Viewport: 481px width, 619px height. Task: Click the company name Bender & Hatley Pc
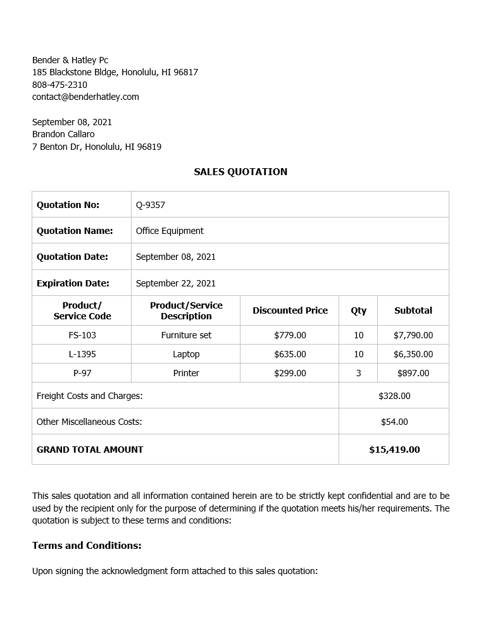tap(70, 60)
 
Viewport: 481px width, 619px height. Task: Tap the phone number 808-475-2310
tap(59, 85)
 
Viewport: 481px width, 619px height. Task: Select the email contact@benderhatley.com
tap(85, 97)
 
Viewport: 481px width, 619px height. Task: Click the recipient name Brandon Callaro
tap(63, 134)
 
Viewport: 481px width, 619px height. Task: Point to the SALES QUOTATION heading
tap(240, 172)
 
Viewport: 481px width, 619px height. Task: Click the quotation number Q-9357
tap(151, 205)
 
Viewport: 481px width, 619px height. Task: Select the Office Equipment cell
tap(170, 231)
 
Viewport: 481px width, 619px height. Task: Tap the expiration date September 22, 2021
tap(176, 283)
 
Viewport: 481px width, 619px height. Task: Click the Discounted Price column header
tap(290, 310)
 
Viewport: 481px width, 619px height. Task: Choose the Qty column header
tap(358, 310)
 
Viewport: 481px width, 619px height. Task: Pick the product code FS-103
tap(82, 335)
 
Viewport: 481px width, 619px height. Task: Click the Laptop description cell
tap(186, 354)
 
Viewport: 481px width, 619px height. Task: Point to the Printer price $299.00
tap(290, 373)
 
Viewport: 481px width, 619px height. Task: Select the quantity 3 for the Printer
tap(358, 373)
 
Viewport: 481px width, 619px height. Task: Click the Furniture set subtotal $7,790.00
tap(413, 335)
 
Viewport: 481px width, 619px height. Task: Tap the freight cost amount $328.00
tap(394, 396)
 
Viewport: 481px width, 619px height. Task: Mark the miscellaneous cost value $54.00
tap(394, 422)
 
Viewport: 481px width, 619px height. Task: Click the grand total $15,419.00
tap(394, 450)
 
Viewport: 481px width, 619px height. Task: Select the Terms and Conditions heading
tap(87, 545)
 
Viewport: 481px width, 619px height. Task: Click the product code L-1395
tap(82, 354)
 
